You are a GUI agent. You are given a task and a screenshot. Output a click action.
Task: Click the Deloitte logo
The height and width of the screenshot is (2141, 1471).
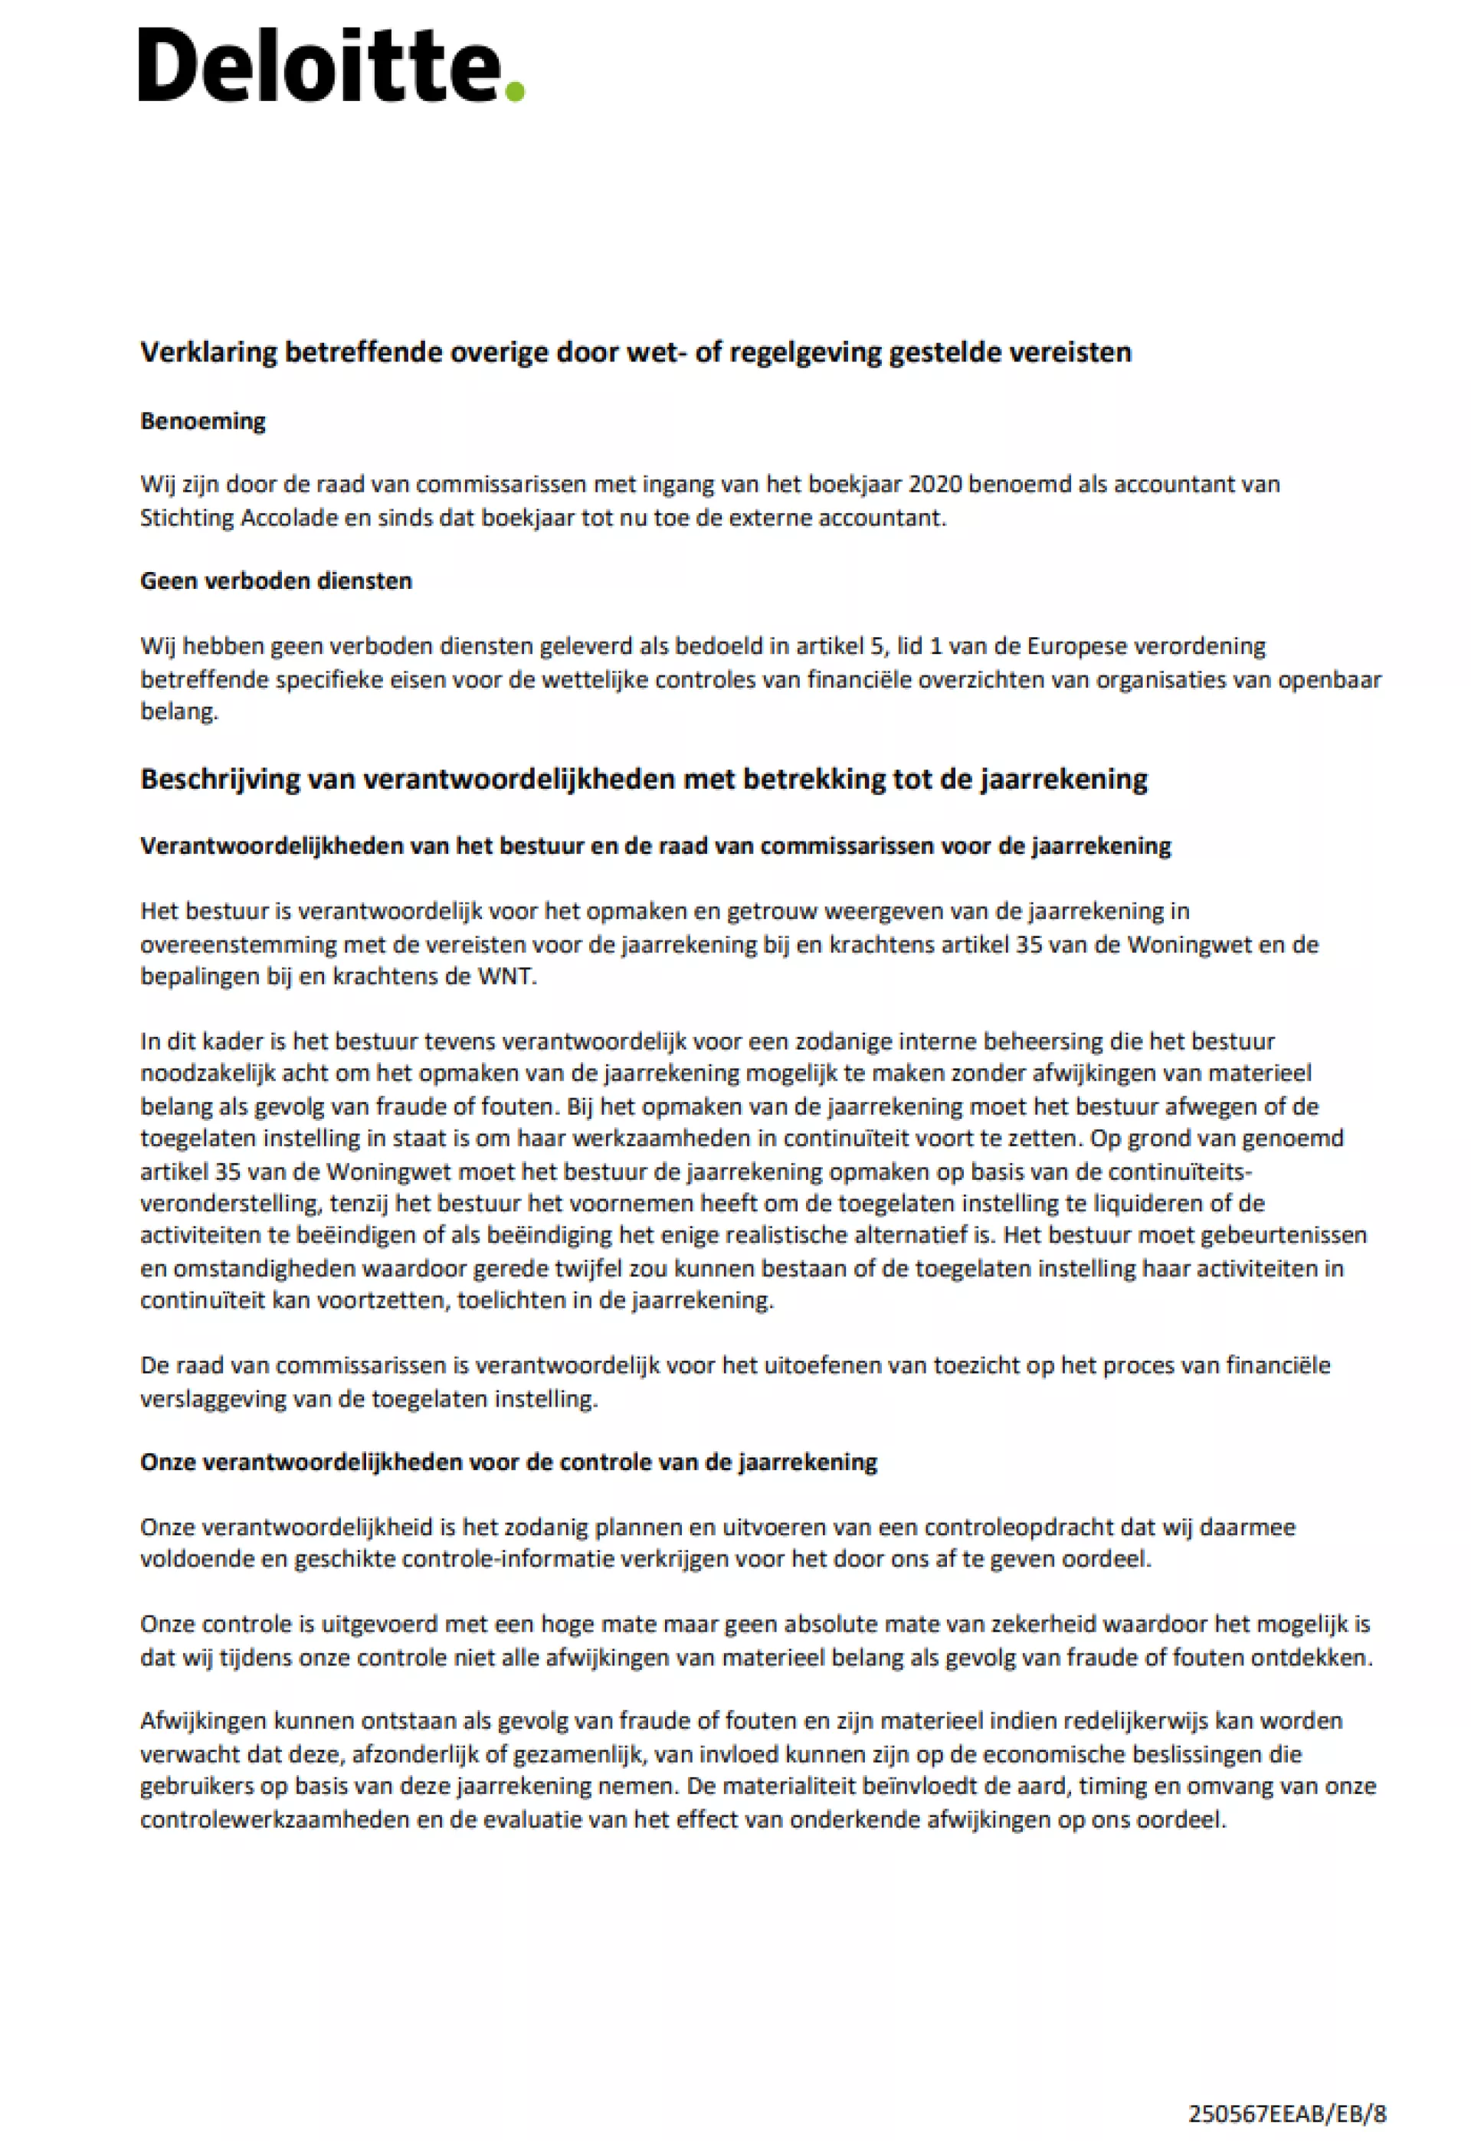(x=330, y=64)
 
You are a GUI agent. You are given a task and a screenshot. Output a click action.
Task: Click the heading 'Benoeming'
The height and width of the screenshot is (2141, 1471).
(x=203, y=421)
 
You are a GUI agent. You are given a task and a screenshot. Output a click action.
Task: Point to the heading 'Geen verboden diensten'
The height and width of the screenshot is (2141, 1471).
(x=276, y=580)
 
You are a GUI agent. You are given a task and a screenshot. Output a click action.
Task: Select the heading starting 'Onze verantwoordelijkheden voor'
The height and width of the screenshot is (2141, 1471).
(x=508, y=1462)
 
